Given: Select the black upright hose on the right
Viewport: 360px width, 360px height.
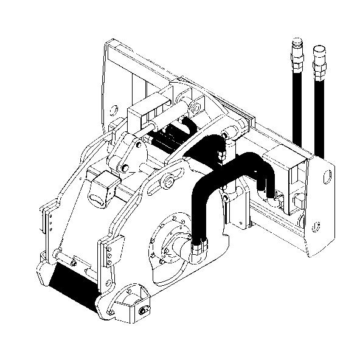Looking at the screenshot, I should [318, 109].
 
